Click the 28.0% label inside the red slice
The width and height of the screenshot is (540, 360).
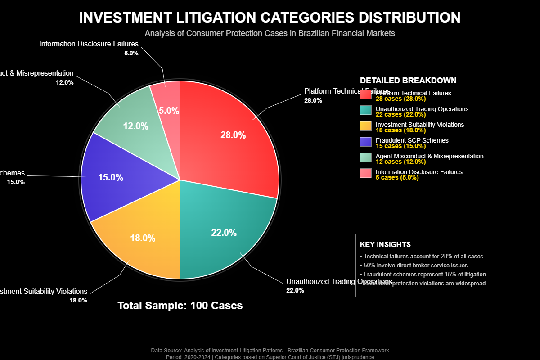233,135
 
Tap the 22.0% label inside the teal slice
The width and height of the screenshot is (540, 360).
224,233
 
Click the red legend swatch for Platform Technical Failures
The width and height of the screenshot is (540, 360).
365,94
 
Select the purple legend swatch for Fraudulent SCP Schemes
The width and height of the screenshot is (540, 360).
365,142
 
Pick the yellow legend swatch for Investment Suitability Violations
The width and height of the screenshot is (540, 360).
365,126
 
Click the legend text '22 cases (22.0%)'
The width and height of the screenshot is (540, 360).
400,114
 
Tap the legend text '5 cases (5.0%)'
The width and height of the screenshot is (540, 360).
397,177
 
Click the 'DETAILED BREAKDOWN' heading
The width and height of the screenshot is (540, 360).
408,81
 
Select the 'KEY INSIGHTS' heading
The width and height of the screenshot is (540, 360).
385,244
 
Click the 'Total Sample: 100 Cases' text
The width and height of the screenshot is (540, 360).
180,306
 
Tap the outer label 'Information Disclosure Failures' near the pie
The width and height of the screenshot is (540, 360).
89,44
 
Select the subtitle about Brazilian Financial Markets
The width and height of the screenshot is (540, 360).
270,33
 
